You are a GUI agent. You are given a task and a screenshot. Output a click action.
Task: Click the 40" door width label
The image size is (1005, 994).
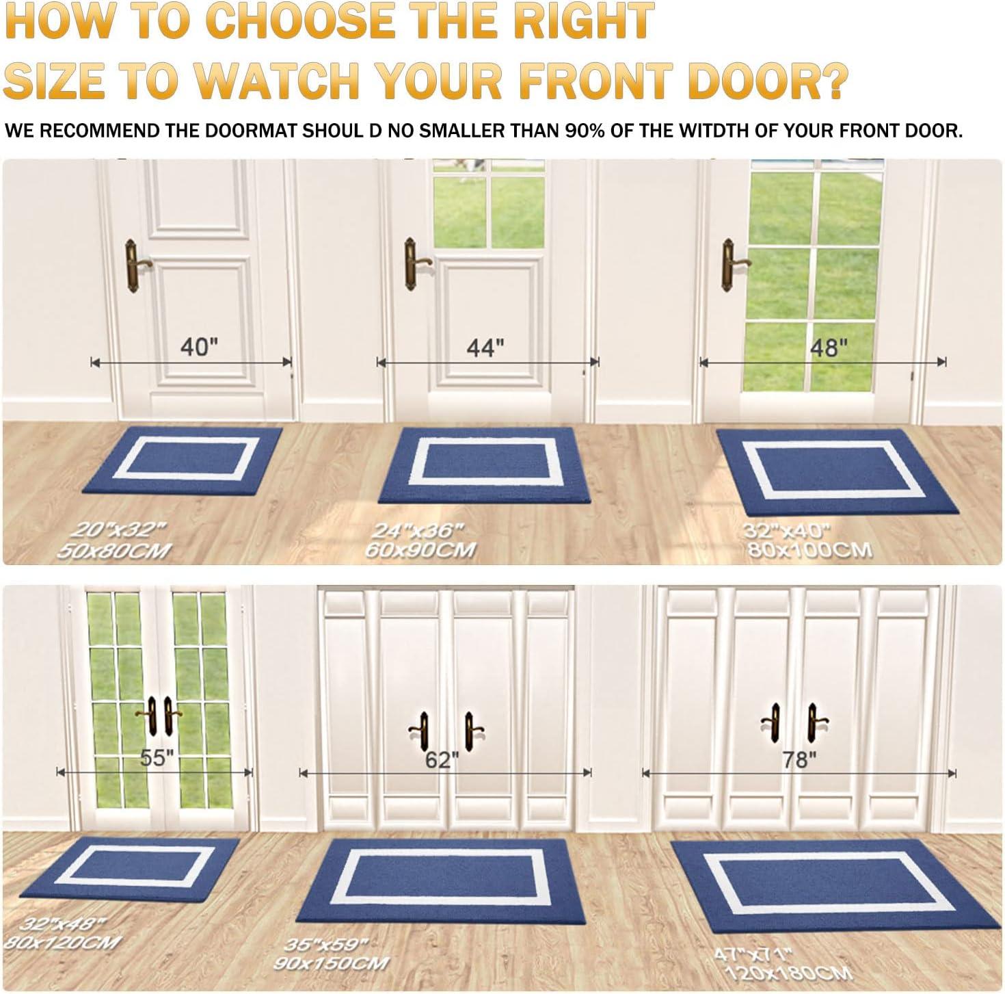coord(199,347)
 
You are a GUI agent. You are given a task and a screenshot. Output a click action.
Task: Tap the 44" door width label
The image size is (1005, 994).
coord(485,348)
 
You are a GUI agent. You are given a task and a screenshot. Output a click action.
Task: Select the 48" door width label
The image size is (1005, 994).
coord(828,348)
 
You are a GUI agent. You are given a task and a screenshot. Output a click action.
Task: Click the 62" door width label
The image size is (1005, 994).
coord(442,760)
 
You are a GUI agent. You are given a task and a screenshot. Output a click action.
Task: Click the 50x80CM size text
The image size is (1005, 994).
coord(114,550)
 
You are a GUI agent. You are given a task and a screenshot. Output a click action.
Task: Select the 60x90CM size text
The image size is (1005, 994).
coord(420,550)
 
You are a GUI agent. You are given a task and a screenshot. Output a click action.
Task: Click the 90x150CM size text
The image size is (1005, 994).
coord(331,963)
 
